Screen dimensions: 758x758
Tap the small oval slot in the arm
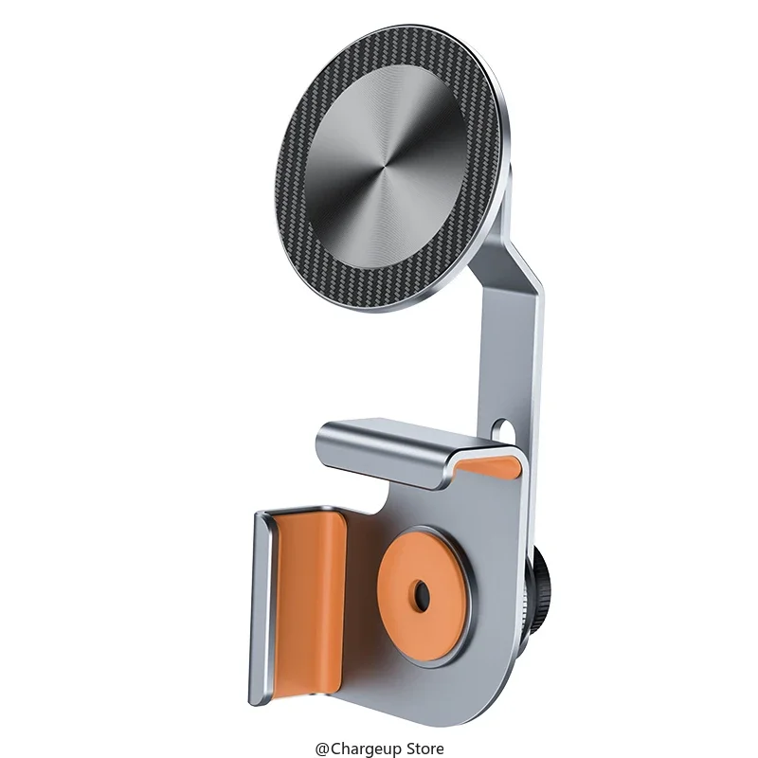pyautogui.click(x=511, y=432)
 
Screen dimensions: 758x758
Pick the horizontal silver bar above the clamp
pyautogui.click(x=398, y=445)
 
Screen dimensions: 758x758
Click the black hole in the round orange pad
pyautogui.click(x=421, y=596)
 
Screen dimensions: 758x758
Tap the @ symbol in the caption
pyautogui.click(x=320, y=749)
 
